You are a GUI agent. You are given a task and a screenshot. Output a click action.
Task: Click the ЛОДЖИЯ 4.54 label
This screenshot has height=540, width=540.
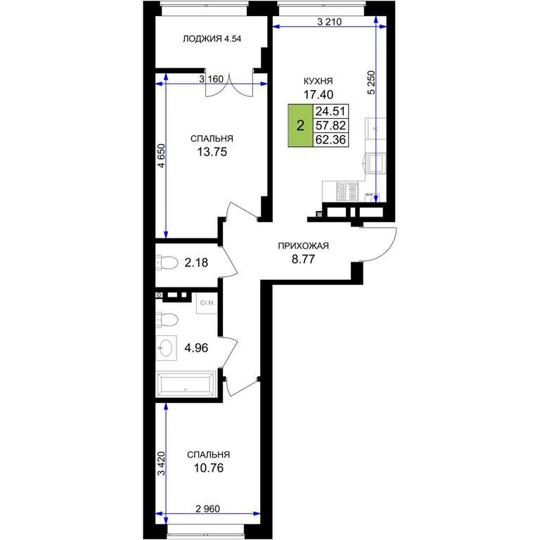click(212, 39)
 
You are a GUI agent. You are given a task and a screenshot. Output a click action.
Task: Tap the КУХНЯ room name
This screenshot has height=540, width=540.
click(318, 81)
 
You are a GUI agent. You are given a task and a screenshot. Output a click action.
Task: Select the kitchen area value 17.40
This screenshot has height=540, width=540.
click(319, 94)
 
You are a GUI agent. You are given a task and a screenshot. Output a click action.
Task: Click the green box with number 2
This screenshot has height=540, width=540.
click(300, 125)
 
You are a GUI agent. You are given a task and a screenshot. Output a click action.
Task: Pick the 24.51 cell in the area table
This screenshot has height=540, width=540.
click(330, 111)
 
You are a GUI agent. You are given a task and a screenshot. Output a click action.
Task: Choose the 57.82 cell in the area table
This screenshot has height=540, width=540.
click(330, 125)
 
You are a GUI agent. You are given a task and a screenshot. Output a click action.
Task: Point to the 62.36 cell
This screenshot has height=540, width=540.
click(330, 139)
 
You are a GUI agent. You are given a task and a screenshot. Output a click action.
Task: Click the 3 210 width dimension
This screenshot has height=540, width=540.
click(329, 22)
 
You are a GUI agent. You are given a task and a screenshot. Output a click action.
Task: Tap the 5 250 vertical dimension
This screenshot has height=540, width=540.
click(371, 83)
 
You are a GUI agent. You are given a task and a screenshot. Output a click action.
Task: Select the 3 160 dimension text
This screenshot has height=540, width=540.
click(211, 79)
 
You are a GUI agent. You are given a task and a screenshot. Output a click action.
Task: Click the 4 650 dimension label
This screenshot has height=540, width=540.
click(161, 155)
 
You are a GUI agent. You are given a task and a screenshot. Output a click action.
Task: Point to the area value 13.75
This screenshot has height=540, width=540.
click(212, 152)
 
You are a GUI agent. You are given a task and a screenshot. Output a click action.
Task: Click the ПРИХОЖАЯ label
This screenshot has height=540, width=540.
click(303, 246)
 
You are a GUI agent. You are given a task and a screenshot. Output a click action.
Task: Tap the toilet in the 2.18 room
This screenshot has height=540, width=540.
click(167, 262)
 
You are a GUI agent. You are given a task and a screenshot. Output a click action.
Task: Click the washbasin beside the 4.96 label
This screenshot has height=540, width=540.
click(167, 348)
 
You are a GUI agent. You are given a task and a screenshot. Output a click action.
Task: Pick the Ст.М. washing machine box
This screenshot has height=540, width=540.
click(207, 303)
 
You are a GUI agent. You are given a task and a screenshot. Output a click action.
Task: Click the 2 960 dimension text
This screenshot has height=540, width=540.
click(207, 508)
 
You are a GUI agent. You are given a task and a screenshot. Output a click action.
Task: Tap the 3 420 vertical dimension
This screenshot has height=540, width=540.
click(161, 463)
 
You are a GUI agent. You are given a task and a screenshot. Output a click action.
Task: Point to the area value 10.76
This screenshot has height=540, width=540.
click(208, 468)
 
